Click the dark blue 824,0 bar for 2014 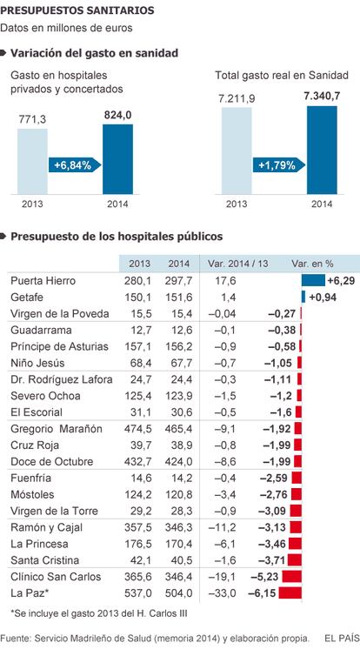(118, 159)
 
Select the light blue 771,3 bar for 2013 (33, 161)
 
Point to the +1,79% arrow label (279, 164)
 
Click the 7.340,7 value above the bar (322, 96)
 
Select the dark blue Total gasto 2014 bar (322, 151)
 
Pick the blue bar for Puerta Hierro (313, 280)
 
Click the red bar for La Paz (290, 592)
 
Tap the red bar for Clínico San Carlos (292, 577)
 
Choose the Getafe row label (27, 298)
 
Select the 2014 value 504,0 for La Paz (179, 592)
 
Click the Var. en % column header (312, 264)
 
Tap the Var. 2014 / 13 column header (238, 264)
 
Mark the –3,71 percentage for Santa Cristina (276, 560)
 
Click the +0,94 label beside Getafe (323, 298)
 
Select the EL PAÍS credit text (342, 638)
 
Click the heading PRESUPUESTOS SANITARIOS (77, 10)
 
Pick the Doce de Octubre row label (52, 462)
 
